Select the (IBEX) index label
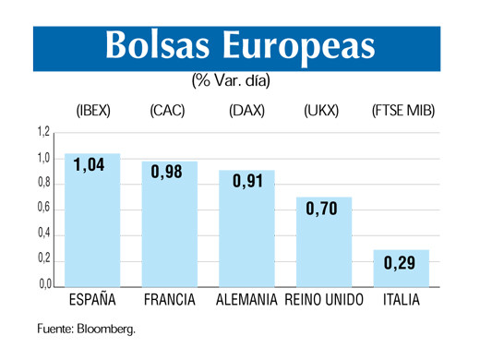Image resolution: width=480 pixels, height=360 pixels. tap(92, 112)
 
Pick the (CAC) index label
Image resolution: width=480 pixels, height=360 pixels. tap(167, 112)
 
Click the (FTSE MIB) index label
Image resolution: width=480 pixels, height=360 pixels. tap(402, 112)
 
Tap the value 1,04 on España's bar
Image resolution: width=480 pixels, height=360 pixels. tap(90, 166)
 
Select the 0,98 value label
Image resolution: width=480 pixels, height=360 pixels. tap(167, 173)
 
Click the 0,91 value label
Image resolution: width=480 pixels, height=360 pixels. tap(246, 181)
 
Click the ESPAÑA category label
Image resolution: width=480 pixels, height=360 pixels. tap(92, 300)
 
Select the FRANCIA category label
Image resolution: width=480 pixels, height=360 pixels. tap(168, 300)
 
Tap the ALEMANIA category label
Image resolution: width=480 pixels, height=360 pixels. tap(246, 300)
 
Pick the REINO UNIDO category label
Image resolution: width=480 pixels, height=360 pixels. tap(324, 300)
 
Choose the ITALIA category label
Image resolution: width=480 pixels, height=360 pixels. tap(402, 300)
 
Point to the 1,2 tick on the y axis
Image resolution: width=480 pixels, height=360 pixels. tap(42, 133)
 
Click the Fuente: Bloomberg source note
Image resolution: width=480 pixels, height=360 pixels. tap(86, 329)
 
